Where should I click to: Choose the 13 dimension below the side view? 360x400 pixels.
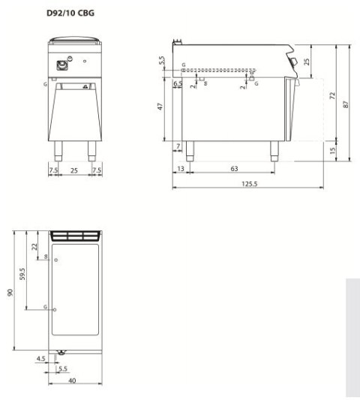point(181,170)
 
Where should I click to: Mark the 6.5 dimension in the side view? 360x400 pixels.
point(178,84)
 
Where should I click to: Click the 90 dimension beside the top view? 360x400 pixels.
point(10,290)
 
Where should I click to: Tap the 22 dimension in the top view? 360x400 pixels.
point(34,245)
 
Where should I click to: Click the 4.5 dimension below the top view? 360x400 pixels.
point(40,359)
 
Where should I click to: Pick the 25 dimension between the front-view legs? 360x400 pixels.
point(73,170)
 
